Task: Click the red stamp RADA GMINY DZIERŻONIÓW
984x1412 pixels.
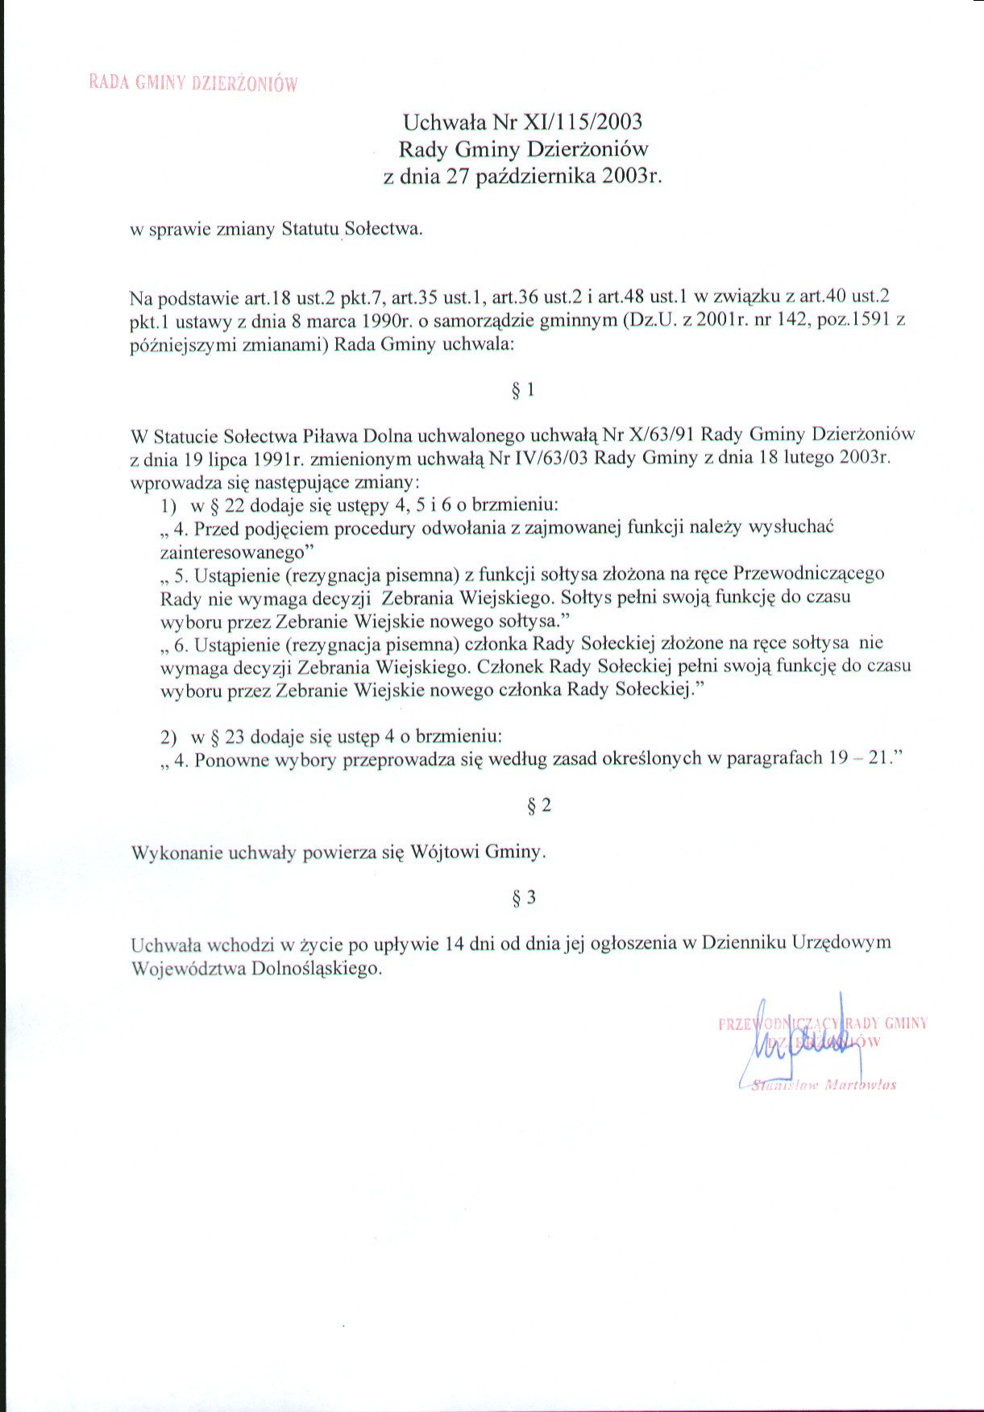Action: click(x=193, y=83)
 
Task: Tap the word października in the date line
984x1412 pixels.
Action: click(x=535, y=176)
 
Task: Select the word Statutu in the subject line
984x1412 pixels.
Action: click(x=310, y=229)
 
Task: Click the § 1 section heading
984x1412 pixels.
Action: click(x=523, y=391)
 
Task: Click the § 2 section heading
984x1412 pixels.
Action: click(x=539, y=806)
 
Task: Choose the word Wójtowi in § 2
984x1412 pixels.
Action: click(x=445, y=853)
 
